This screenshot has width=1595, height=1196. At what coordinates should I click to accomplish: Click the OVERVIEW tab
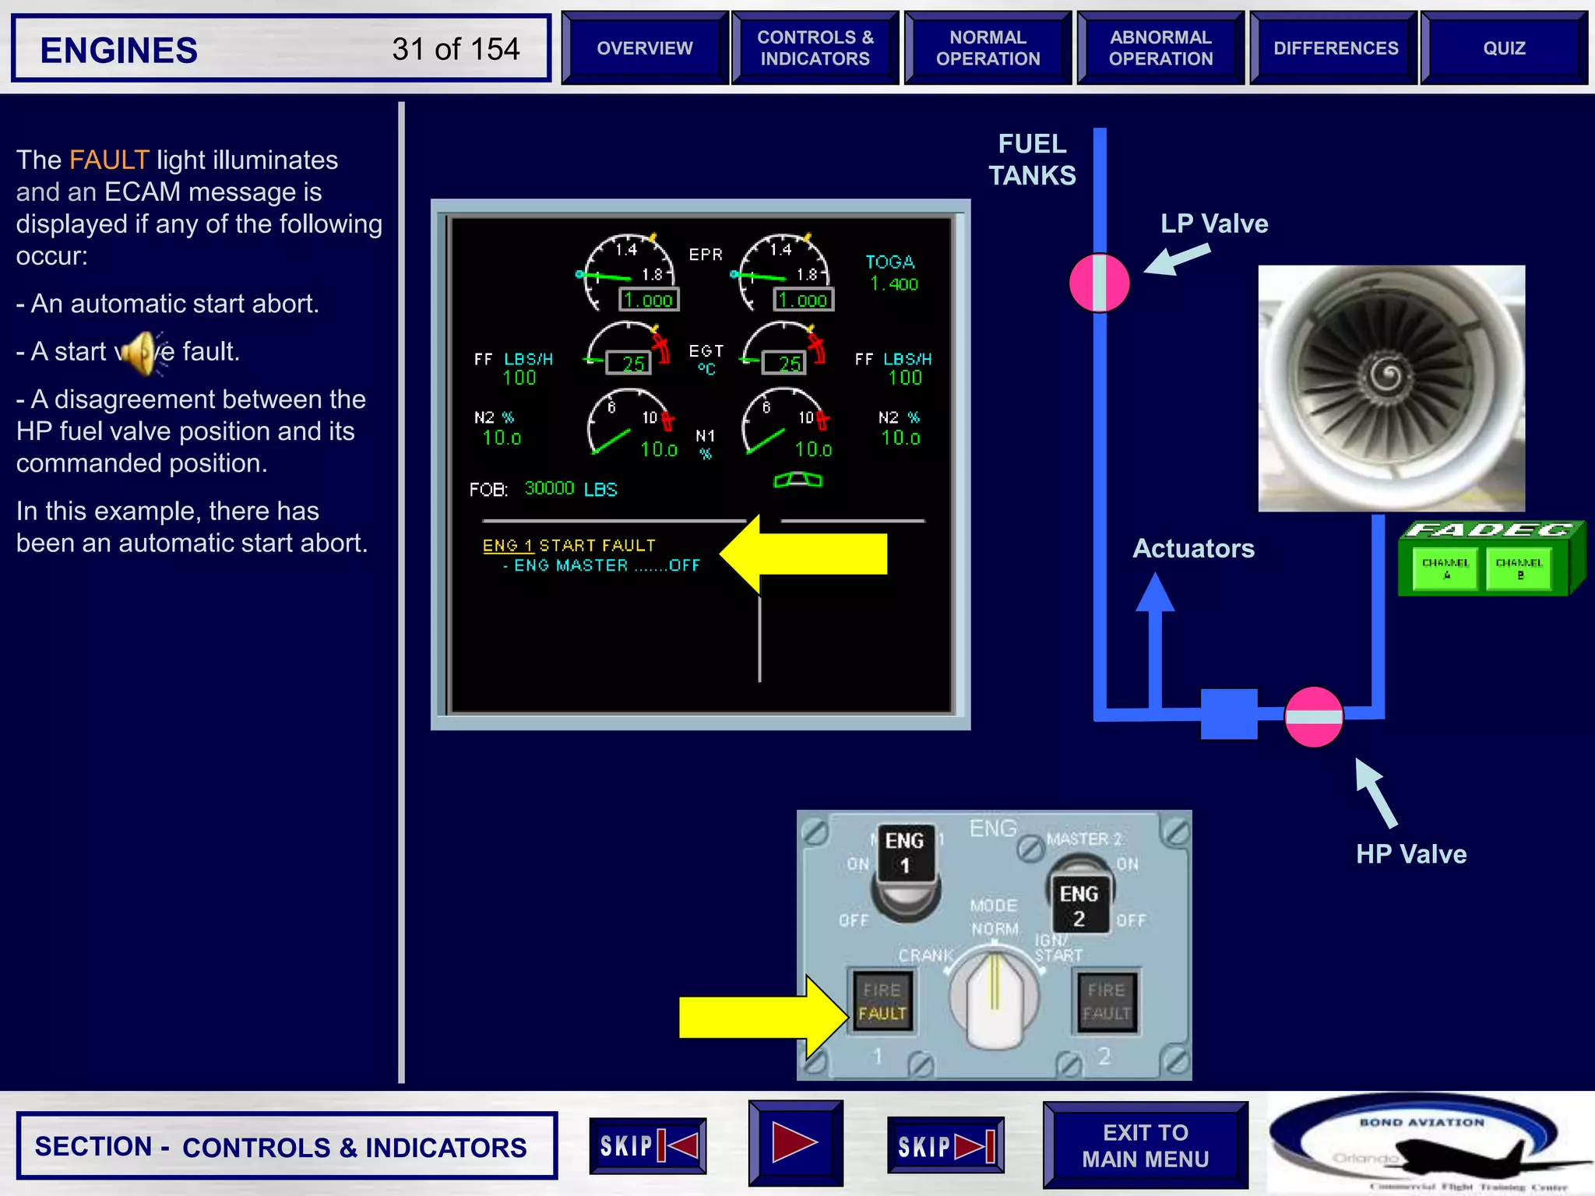[x=644, y=48]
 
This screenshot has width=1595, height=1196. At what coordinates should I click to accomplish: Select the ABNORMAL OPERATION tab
[x=1160, y=48]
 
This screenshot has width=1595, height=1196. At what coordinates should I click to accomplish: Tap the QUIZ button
[x=1503, y=48]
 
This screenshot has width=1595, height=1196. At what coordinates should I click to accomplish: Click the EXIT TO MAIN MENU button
[x=1145, y=1145]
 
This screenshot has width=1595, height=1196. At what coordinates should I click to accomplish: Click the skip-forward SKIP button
[x=945, y=1145]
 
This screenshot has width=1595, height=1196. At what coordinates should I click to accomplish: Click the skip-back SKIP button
[x=647, y=1145]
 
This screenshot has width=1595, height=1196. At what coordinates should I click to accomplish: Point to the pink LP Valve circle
[x=1099, y=283]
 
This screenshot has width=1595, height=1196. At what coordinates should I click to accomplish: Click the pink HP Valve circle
[x=1313, y=717]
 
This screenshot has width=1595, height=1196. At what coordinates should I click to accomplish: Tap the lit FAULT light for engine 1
[x=882, y=1012]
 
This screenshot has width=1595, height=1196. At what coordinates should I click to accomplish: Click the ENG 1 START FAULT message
[x=569, y=545]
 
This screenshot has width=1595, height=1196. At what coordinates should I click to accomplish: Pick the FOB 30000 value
[x=549, y=488]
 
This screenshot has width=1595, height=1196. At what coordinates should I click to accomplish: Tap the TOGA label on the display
[x=890, y=262]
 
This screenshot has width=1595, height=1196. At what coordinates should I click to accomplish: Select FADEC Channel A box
[x=1445, y=568]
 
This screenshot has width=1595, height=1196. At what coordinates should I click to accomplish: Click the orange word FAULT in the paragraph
[x=109, y=160]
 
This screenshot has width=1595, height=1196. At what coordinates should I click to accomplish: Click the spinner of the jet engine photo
[x=1388, y=379]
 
